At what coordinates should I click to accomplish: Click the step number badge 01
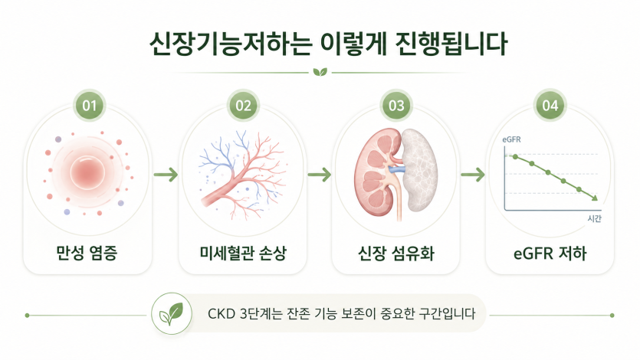coord(89,106)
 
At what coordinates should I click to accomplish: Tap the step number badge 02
coord(243,106)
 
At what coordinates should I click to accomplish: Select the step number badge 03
coord(396,106)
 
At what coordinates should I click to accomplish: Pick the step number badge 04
coord(550,106)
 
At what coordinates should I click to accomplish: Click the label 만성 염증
coord(87,253)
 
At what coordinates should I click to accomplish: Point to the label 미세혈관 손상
coord(243,253)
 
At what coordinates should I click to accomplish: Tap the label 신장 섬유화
coord(396,253)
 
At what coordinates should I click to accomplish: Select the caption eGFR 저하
coord(550,254)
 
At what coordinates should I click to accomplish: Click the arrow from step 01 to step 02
coord(166,175)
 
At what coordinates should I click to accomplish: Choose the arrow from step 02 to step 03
coord(319,175)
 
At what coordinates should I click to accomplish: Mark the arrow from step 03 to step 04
coord(473,175)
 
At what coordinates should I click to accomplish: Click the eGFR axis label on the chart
coord(511,140)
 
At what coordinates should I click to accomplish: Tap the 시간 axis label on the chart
coord(594,218)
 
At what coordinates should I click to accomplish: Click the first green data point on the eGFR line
coord(516,157)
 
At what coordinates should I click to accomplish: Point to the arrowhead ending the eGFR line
coord(595,198)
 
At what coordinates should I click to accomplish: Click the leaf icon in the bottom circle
coord(171,314)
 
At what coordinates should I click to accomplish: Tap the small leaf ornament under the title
coord(320,73)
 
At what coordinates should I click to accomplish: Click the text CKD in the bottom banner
coord(222,314)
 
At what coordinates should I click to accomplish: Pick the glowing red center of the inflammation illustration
coord(87,173)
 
